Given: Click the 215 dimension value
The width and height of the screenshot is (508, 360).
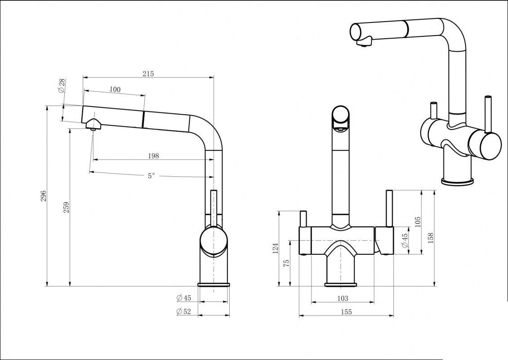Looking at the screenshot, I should click(148, 74).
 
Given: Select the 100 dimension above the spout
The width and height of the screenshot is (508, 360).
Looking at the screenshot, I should click(115, 90).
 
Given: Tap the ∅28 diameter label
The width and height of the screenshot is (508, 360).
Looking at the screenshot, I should click(62, 85).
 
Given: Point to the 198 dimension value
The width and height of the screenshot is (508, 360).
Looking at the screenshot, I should click(153, 156).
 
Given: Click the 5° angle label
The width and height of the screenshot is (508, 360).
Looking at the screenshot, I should click(152, 176).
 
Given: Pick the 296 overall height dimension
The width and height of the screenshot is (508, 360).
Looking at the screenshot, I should click(44, 196).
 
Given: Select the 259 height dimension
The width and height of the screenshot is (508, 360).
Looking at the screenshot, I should click(66, 207).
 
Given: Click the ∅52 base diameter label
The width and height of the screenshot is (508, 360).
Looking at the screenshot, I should click(184, 311).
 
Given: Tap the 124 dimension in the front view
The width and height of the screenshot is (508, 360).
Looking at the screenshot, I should click(276, 248).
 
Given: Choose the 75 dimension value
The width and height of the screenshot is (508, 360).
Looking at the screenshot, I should click(286, 263).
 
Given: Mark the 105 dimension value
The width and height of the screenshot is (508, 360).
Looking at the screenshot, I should click(418, 221).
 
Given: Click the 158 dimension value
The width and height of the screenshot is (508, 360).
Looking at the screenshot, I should click(431, 237).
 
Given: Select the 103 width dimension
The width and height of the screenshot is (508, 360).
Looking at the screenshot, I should click(343, 298).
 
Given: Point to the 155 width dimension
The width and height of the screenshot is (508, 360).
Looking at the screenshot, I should click(346, 312).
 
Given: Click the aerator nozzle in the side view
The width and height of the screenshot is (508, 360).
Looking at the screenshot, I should click(93, 125).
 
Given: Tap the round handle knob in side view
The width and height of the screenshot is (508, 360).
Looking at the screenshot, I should click(214, 241).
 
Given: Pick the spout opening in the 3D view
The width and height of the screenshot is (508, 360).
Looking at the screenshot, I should click(356, 32).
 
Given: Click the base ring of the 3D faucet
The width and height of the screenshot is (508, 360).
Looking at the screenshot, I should click(457, 181).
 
